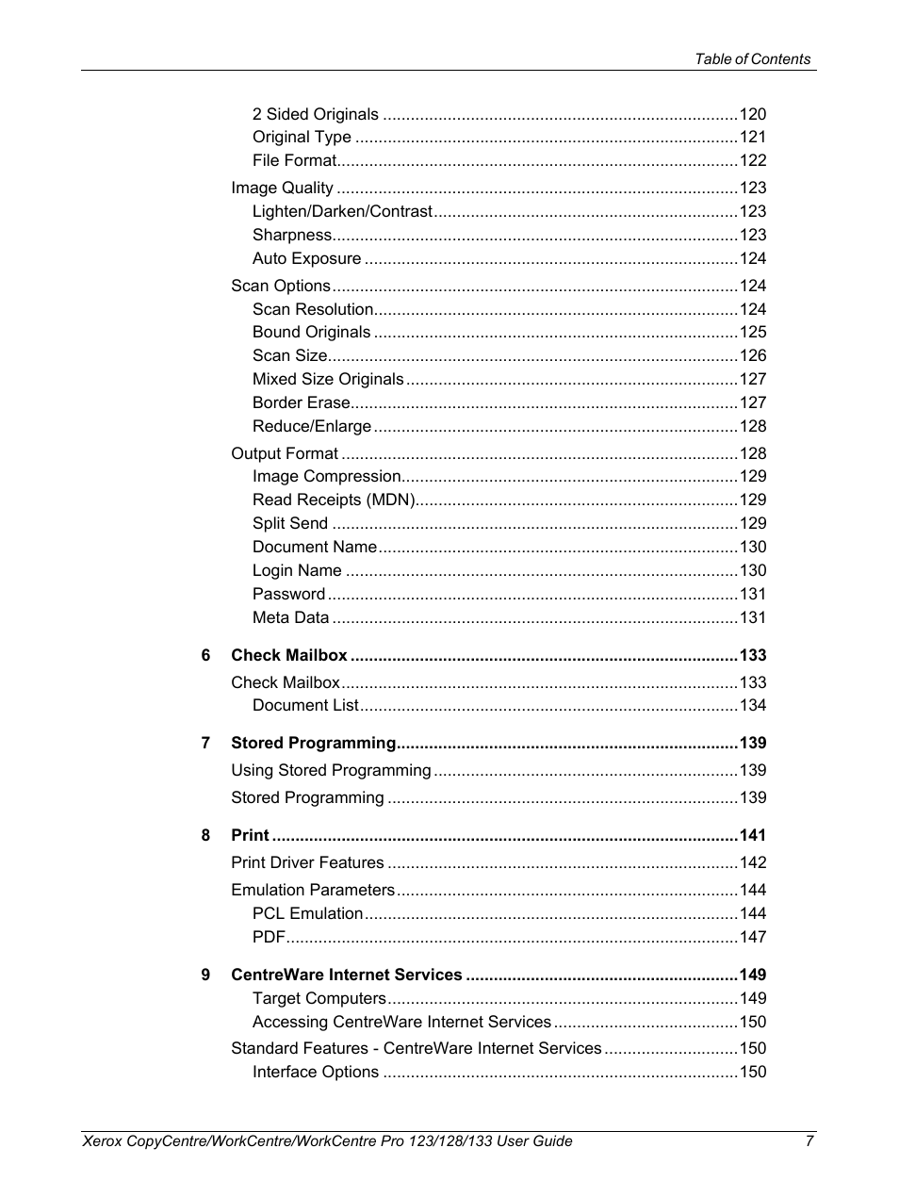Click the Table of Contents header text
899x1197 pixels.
752,58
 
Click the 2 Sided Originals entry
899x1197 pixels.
315,114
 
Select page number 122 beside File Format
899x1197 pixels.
752,160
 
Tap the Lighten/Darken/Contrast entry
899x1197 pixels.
342,211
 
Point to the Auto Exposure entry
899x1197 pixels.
306,258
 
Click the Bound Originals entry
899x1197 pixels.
311,332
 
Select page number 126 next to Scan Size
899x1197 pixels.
752,355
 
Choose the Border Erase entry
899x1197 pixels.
301,402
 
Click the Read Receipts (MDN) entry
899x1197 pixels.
334,500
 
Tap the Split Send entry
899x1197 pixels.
290,523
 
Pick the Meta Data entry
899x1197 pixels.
290,617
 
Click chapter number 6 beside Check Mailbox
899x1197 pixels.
205,655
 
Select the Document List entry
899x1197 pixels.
305,705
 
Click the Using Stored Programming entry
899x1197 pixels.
331,770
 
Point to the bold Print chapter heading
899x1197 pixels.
250,835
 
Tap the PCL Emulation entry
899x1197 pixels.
307,913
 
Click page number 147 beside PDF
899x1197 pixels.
752,937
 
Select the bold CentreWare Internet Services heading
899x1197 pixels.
346,975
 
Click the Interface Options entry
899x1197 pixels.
315,1072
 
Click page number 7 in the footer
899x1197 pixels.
809,1140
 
